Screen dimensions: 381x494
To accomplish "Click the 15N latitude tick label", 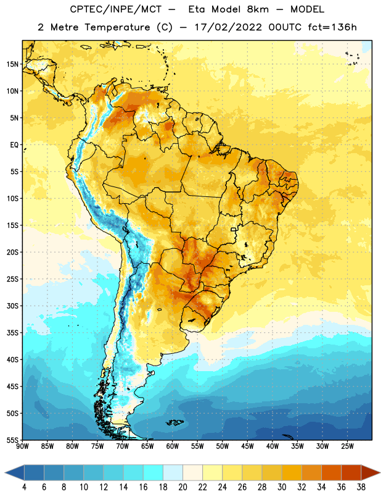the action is tap(12, 64).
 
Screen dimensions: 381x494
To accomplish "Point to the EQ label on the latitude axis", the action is tap(14, 145).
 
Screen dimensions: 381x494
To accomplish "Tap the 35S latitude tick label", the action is tap(12, 333).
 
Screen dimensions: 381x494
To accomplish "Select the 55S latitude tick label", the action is tap(12, 440).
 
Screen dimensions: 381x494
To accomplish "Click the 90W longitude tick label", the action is tap(22, 446).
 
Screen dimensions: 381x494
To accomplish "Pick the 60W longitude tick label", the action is tap(173, 446).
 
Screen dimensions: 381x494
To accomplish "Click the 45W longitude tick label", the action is tap(248, 446).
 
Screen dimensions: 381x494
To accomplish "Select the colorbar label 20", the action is tap(182, 487).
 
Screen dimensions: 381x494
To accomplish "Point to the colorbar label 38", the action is tap(361, 487).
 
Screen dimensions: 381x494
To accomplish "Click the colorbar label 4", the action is tap(24, 487).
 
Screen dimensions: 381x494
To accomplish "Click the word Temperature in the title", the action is tap(117, 27).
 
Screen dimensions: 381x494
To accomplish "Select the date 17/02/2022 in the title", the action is tap(228, 27).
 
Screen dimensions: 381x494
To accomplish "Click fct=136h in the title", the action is tap(332, 27).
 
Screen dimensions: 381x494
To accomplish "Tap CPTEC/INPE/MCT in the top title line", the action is tap(116, 9).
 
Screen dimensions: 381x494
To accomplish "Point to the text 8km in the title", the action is tap(258, 9).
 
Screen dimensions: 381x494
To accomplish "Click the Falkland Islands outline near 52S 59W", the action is tap(174, 422).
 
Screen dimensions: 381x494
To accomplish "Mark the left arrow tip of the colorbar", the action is tap(6, 472).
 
